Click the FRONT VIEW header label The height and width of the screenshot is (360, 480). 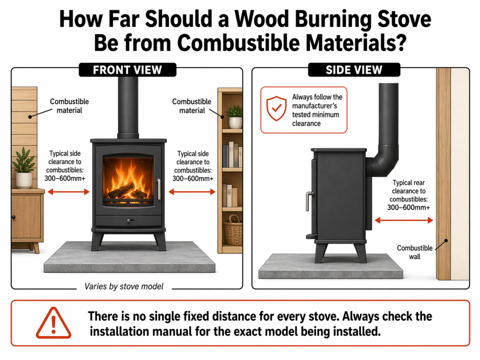[x=127, y=70]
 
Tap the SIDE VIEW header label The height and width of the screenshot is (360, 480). [x=354, y=70]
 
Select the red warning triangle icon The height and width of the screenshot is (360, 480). [x=53, y=323]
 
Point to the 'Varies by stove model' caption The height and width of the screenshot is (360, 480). [x=124, y=286]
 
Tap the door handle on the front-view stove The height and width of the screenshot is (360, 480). [x=159, y=189]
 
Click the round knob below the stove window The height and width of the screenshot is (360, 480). [x=128, y=219]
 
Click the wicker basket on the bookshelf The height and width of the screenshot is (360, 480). [x=233, y=230]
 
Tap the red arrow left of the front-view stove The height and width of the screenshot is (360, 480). [x=68, y=191]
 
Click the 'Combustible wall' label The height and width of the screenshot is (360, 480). [x=409, y=252]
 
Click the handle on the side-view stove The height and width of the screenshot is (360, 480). [x=308, y=201]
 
